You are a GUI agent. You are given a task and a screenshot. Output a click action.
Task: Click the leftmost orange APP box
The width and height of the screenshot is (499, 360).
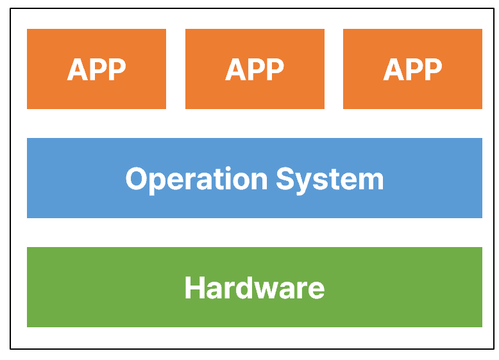coord(96,69)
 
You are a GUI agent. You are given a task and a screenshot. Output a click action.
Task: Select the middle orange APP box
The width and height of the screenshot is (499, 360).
coord(255,69)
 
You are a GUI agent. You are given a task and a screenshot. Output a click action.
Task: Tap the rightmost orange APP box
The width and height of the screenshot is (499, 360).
coord(413,69)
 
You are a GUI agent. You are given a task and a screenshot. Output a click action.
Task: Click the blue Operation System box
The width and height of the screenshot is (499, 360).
coord(255,178)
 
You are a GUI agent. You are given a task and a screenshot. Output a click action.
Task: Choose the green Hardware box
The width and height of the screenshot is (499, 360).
coord(255,287)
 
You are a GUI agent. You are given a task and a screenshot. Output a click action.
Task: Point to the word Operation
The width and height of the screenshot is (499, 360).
coord(196,180)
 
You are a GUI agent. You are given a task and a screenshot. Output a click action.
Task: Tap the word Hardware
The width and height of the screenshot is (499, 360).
coord(255,287)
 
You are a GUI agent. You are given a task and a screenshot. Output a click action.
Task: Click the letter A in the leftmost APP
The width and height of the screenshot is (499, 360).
coord(77,69)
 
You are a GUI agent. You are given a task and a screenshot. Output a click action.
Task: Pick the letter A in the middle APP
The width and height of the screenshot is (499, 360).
coord(235,69)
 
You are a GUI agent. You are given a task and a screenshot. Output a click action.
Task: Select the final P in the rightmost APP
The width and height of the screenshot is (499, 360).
coord(433,69)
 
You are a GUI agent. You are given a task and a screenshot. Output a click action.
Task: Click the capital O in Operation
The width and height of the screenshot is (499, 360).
coord(137,178)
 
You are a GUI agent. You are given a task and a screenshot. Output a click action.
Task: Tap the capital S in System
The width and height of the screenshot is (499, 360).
coord(285,178)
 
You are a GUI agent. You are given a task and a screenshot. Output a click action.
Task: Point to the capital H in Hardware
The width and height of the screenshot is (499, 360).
coord(194,287)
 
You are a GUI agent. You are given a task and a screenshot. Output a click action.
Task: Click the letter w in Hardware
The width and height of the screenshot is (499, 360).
coord(267,291)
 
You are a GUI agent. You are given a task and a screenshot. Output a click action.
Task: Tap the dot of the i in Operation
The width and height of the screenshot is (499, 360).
coord(228,168)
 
